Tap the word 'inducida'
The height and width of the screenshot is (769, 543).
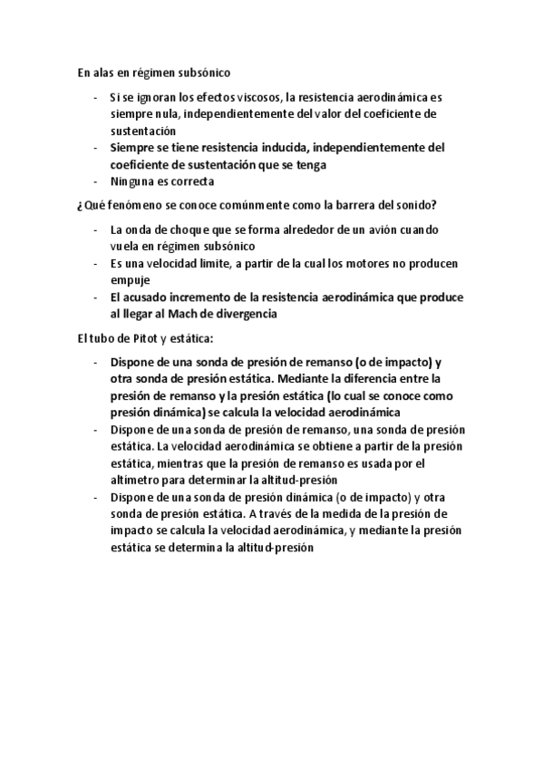[283, 148]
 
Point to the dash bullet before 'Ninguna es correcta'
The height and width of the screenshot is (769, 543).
[95, 180]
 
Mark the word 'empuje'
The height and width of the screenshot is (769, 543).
[129, 280]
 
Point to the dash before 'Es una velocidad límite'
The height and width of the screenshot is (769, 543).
[95, 264]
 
